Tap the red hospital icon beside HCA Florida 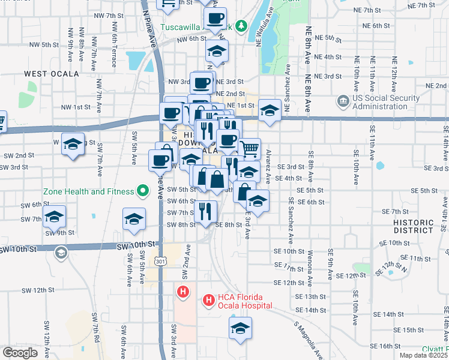(x=208, y=299)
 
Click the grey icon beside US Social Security (x=343, y=100)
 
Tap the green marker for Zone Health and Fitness (x=143, y=192)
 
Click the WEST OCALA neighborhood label (x=52, y=74)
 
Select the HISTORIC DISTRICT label (x=413, y=226)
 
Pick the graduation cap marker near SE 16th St (x=240, y=328)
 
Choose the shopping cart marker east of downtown (x=249, y=147)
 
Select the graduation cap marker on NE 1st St (x=270, y=110)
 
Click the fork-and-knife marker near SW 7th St (x=206, y=211)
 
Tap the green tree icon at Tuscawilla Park (x=241, y=25)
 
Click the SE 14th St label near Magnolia (x=313, y=310)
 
